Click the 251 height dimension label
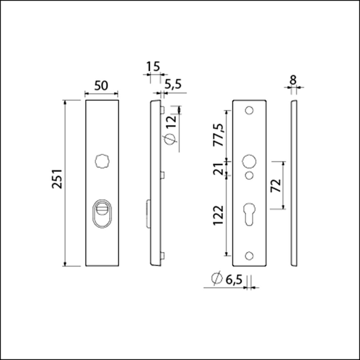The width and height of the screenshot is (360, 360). pyautogui.click(x=57, y=179)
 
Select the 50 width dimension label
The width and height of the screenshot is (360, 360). pyautogui.click(x=101, y=86)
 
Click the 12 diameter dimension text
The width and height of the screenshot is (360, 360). pyautogui.click(x=172, y=121)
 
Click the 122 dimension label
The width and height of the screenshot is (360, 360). pyautogui.click(x=218, y=215)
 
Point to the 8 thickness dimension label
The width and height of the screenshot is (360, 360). pyautogui.click(x=293, y=80)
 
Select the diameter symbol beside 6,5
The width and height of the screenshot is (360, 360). pyautogui.click(x=216, y=279)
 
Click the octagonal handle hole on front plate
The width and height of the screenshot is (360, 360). pyautogui.click(x=102, y=161)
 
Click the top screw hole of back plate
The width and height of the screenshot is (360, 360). pyautogui.click(x=249, y=110)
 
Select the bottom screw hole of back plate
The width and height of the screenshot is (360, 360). pyautogui.click(x=249, y=256)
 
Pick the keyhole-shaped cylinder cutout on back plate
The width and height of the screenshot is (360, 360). pyautogui.click(x=249, y=214)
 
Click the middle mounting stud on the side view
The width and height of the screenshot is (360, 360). pyautogui.click(x=162, y=175)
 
